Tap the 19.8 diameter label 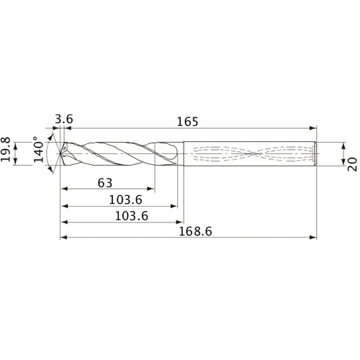click(9, 153)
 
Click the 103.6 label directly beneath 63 click(119, 200)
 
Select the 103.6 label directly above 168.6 click(119, 217)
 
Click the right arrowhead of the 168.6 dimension click(313, 237)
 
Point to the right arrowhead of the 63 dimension click(156, 189)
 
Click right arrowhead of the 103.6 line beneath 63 click(175, 206)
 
